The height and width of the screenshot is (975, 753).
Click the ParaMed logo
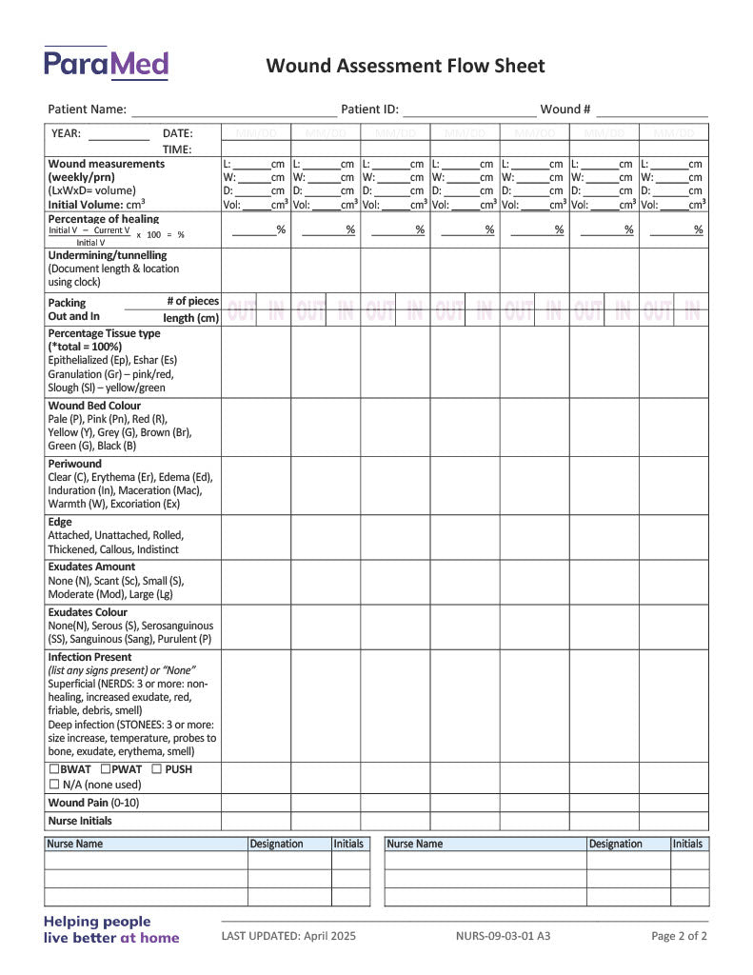[x=106, y=63]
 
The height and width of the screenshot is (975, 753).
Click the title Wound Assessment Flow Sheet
[x=406, y=66]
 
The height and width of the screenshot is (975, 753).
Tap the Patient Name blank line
[x=233, y=110]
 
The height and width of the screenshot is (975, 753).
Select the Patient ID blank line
[x=468, y=110]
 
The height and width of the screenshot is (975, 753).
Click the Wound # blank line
[x=652, y=110]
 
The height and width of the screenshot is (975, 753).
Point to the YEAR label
[x=66, y=133]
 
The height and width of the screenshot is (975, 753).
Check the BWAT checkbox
[x=53, y=769]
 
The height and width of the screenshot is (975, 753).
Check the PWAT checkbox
[x=105, y=769]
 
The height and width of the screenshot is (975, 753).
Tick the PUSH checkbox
[x=156, y=769]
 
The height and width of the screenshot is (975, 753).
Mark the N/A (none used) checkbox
[x=53, y=785]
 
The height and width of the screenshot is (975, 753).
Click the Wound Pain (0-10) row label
[x=93, y=803]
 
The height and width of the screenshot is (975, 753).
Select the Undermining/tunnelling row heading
[x=107, y=255]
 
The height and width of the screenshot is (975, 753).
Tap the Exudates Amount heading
[x=91, y=567]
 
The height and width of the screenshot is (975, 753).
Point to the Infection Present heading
[x=89, y=657]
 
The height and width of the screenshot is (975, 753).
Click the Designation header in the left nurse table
[x=276, y=844]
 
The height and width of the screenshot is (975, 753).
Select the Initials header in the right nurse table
[x=687, y=844]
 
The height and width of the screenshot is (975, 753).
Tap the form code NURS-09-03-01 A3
[x=503, y=936]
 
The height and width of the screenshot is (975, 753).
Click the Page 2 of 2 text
[x=679, y=936]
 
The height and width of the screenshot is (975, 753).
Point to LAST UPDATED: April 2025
[x=288, y=936]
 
